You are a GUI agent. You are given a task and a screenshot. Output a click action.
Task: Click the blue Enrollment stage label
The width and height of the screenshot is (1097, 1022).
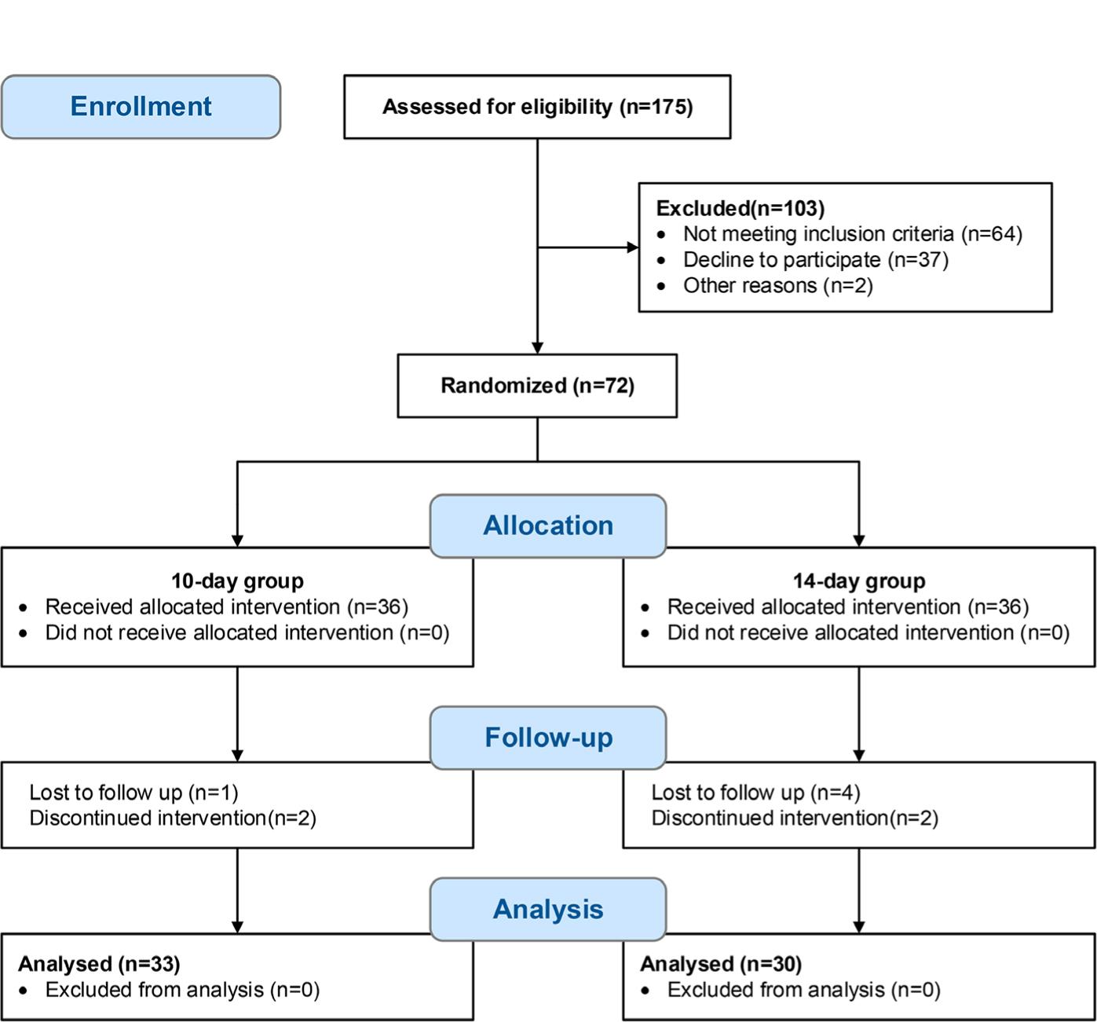pos(141,107)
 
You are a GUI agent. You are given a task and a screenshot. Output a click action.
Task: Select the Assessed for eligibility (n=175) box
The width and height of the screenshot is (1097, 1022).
pos(537,107)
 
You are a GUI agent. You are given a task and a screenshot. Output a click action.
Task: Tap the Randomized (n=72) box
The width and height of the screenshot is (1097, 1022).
pos(537,386)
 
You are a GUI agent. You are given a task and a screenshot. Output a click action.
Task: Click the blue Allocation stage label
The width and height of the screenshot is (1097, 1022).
pos(548,526)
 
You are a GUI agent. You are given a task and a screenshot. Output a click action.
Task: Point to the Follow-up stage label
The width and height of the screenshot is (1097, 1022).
pos(548,738)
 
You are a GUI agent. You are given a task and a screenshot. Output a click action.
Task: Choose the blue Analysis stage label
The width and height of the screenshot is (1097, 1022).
pos(548,909)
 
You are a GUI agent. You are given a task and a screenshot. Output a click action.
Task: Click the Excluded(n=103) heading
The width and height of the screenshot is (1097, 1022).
pos(740,208)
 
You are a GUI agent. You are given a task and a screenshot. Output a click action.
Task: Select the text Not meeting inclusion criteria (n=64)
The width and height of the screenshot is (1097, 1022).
pos(852,234)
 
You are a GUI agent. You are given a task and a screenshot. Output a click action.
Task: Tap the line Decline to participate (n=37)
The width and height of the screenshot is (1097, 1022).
pos(815,260)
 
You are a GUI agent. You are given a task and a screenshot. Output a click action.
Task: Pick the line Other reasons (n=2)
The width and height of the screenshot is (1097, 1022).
pos(777,285)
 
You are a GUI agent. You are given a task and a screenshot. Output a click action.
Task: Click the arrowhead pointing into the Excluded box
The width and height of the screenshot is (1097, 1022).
pos(632,247)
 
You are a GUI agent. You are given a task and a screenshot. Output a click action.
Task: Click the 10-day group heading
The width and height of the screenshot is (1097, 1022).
pos(237,581)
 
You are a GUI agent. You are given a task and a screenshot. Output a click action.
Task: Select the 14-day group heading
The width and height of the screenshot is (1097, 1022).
pos(858,581)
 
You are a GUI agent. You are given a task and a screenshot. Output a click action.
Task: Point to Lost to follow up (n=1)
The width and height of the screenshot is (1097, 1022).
pos(133,793)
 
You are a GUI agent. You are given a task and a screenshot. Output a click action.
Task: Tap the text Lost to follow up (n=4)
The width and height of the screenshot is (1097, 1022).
pos(755,793)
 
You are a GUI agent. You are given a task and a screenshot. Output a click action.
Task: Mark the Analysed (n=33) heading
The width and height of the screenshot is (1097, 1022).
pos(99,964)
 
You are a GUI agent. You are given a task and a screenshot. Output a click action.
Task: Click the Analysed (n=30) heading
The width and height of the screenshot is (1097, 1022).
pos(721,964)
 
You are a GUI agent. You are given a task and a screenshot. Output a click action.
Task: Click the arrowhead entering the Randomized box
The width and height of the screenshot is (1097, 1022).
pos(537,347)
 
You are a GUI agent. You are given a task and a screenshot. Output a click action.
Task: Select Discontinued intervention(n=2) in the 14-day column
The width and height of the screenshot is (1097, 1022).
pos(795,819)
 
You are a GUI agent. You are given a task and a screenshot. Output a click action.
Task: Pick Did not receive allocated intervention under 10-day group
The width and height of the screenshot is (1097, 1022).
pos(247,633)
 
